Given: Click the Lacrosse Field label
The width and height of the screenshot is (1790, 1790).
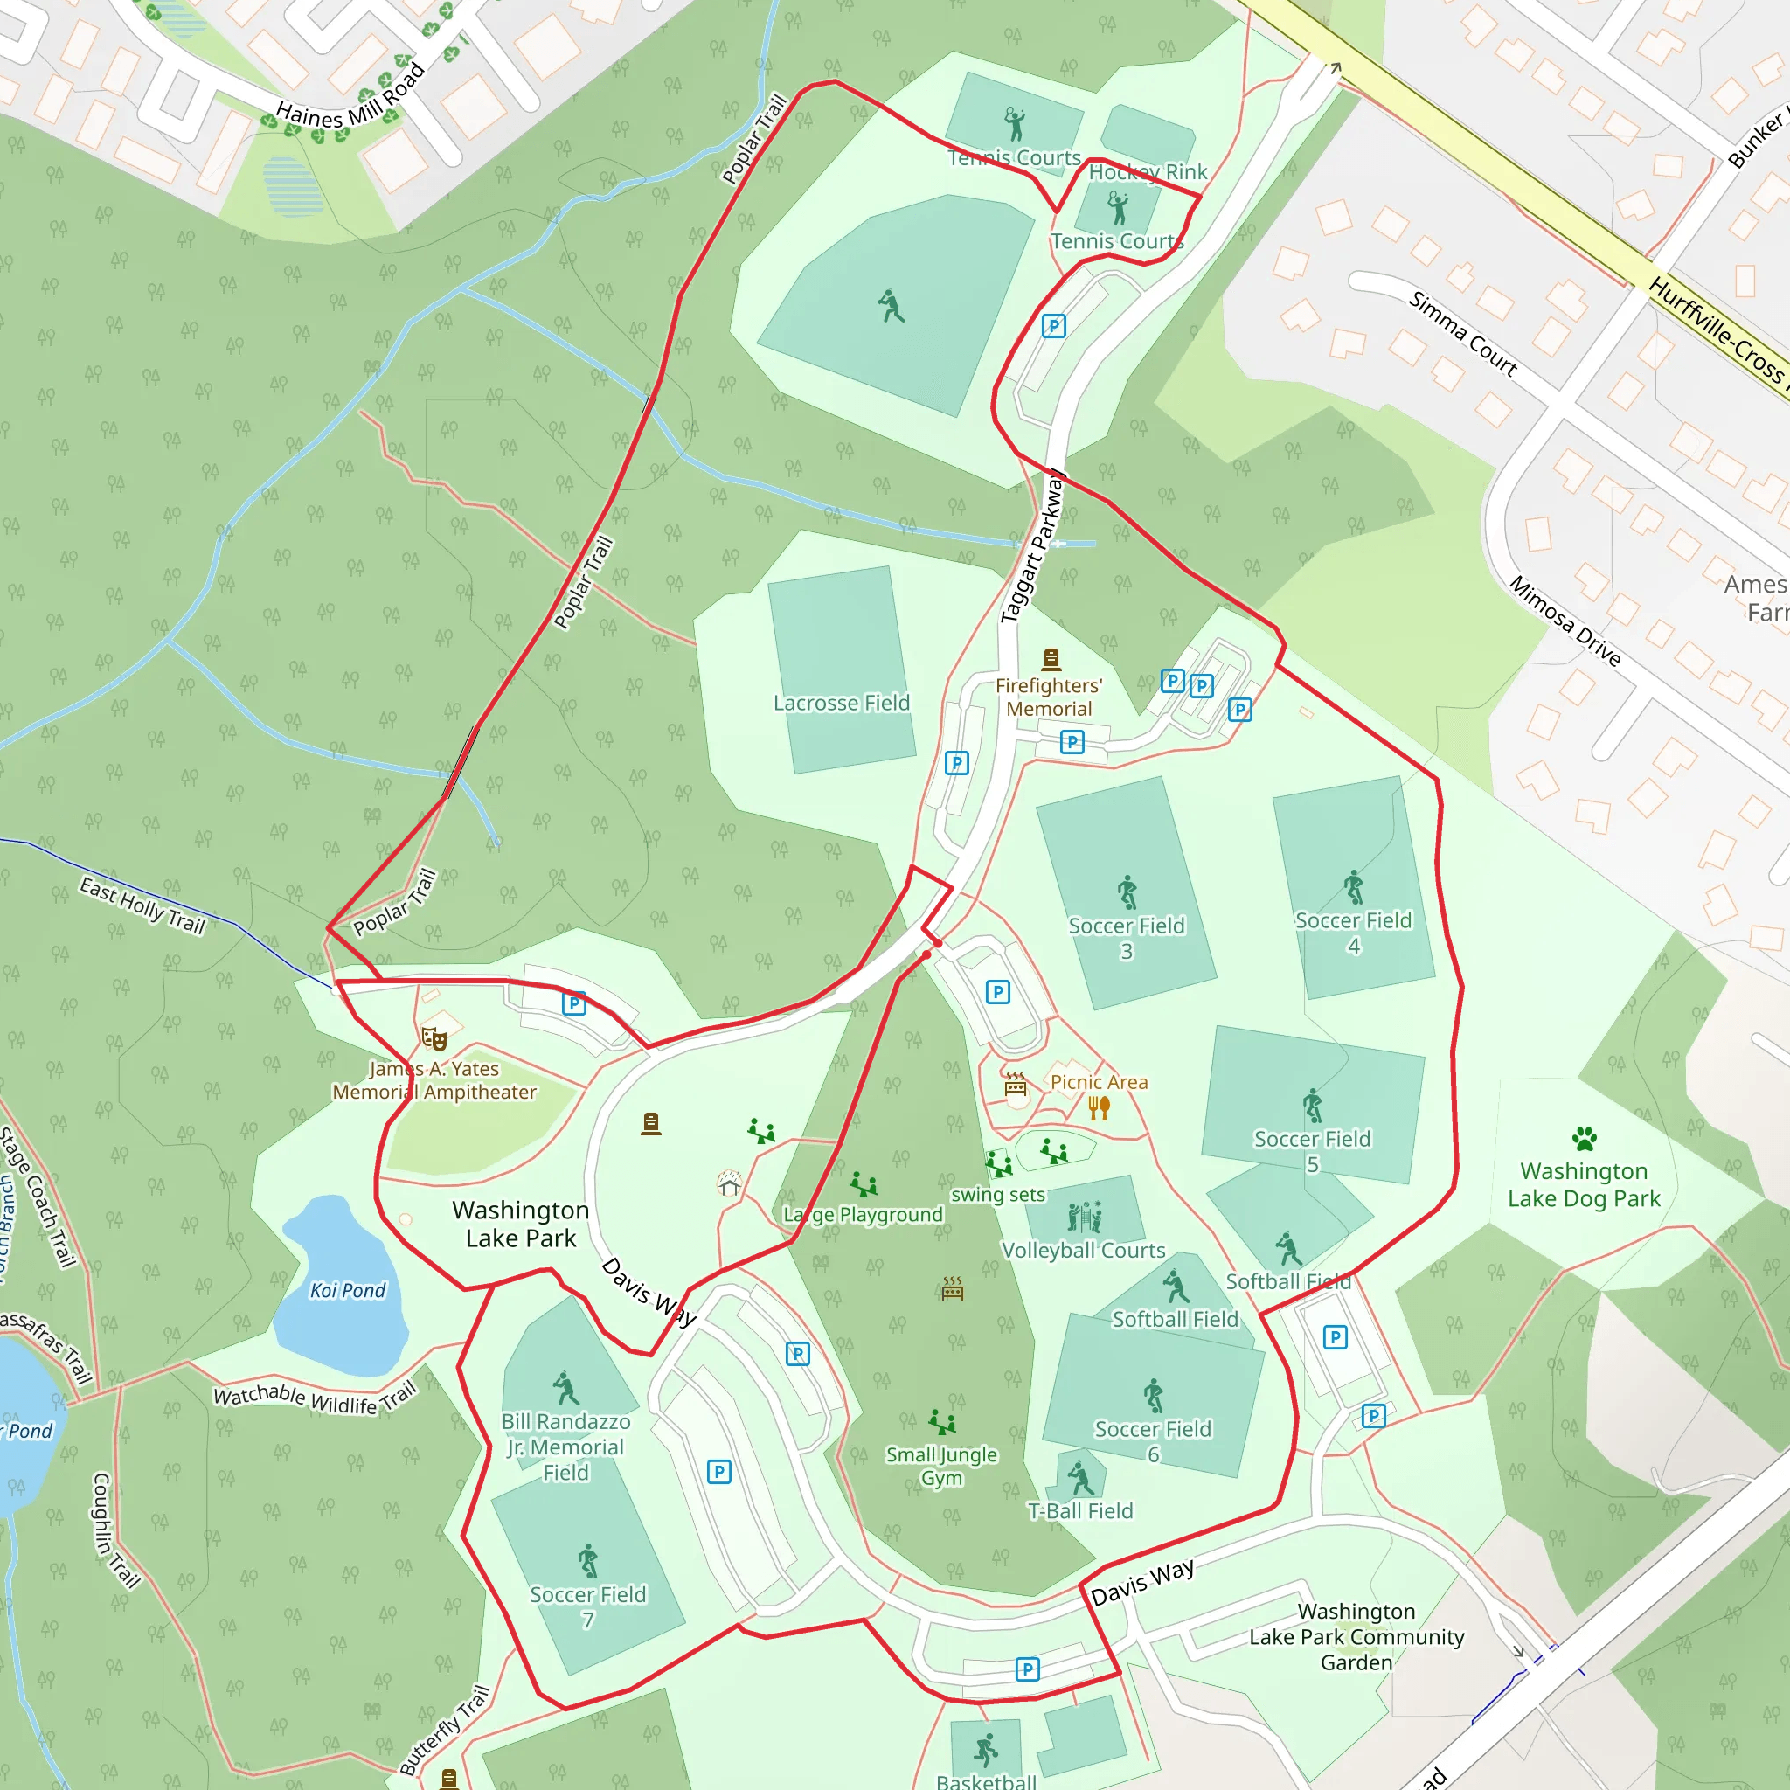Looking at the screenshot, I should click(842, 704).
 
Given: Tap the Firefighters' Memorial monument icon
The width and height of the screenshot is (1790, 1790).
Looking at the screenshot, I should click(1051, 659).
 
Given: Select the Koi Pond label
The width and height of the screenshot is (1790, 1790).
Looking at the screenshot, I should click(348, 1291).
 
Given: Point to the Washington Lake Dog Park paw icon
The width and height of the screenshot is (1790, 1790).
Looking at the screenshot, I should click(1585, 1138).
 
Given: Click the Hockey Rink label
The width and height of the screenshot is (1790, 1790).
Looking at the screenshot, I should click(1148, 172).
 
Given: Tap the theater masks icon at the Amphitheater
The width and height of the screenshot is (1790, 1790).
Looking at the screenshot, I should click(434, 1038).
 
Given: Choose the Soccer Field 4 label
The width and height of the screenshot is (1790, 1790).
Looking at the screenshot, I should click(1354, 933).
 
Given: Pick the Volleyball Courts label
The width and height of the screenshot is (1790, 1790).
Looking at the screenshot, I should click(1083, 1251).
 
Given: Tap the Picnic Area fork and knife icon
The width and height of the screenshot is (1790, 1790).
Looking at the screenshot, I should click(1099, 1108).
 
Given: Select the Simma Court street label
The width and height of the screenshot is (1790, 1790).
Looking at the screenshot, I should click(1463, 334).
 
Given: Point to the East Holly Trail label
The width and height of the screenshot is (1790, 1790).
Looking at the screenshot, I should click(142, 905).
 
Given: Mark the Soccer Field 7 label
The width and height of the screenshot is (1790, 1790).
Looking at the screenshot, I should click(588, 1606).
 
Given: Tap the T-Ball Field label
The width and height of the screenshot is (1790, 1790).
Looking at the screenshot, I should click(1080, 1511).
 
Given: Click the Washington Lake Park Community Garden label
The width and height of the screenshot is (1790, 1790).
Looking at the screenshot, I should click(1356, 1636).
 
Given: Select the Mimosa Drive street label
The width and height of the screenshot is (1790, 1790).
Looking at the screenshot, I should click(1565, 621).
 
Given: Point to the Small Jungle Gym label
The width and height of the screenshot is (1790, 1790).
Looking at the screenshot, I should click(941, 1466).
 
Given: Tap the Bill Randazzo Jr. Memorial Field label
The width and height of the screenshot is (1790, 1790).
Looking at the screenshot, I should click(566, 1447).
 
